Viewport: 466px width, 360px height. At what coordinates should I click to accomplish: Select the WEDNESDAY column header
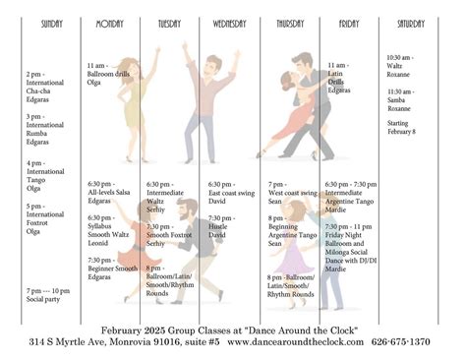228,23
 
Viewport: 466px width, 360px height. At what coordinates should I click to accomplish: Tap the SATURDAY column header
411,23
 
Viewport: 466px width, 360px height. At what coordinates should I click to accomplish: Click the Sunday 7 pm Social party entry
47,295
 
